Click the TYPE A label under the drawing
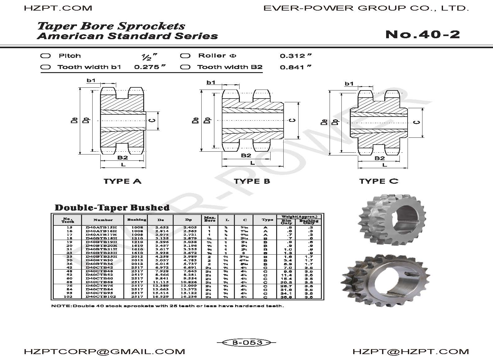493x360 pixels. [122, 181]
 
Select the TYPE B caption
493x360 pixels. [252, 181]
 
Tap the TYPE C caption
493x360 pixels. [379, 181]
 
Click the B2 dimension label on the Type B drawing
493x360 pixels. [246, 155]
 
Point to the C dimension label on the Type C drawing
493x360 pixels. [418, 122]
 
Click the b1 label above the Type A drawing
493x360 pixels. [91, 81]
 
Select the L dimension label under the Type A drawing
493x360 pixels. [123, 164]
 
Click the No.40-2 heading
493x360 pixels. [422, 35]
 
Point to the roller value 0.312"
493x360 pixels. [295, 56]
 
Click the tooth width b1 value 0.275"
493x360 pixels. [149, 67]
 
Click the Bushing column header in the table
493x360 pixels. [137, 220]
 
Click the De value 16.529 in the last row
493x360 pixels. [161, 297]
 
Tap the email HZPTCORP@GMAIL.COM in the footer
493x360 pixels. [104, 352]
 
